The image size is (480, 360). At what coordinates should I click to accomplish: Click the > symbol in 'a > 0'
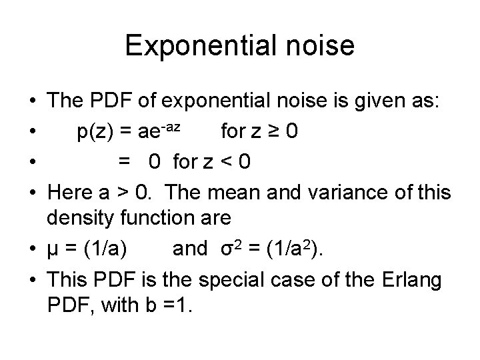point(119,192)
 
